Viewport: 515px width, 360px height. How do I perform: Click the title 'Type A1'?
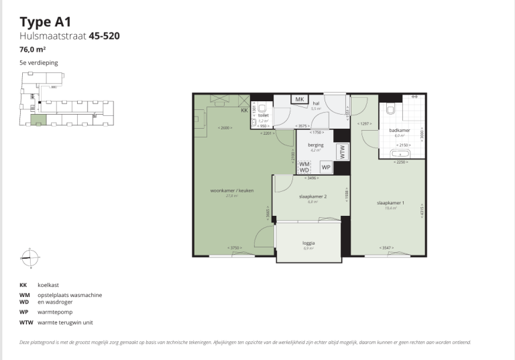(x=46, y=22)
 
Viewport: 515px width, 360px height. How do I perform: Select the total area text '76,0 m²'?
(x=33, y=50)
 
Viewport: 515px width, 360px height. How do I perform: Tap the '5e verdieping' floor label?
(x=39, y=63)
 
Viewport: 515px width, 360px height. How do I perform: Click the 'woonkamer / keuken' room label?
(x=232, y=191)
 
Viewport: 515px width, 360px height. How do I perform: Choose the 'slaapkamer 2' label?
(x=312, y=196)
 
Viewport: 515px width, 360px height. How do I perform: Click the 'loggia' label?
(x=308, y=243)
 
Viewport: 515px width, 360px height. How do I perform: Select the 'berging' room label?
(x=315, y=145)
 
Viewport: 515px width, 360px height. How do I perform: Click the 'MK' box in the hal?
(x=300, y=99)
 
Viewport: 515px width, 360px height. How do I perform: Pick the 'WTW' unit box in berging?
(x=342, y=152)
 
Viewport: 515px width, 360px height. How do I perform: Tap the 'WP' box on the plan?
(x=326, y=167)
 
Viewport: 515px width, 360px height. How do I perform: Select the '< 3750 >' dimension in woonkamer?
(x=234, y=248)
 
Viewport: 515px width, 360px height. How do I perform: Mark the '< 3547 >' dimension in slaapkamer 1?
(x=386, y=248)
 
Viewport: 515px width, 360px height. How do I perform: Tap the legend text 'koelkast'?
(x=48, y=285)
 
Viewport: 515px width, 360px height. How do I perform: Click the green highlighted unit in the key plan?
(x=38, y=120)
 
